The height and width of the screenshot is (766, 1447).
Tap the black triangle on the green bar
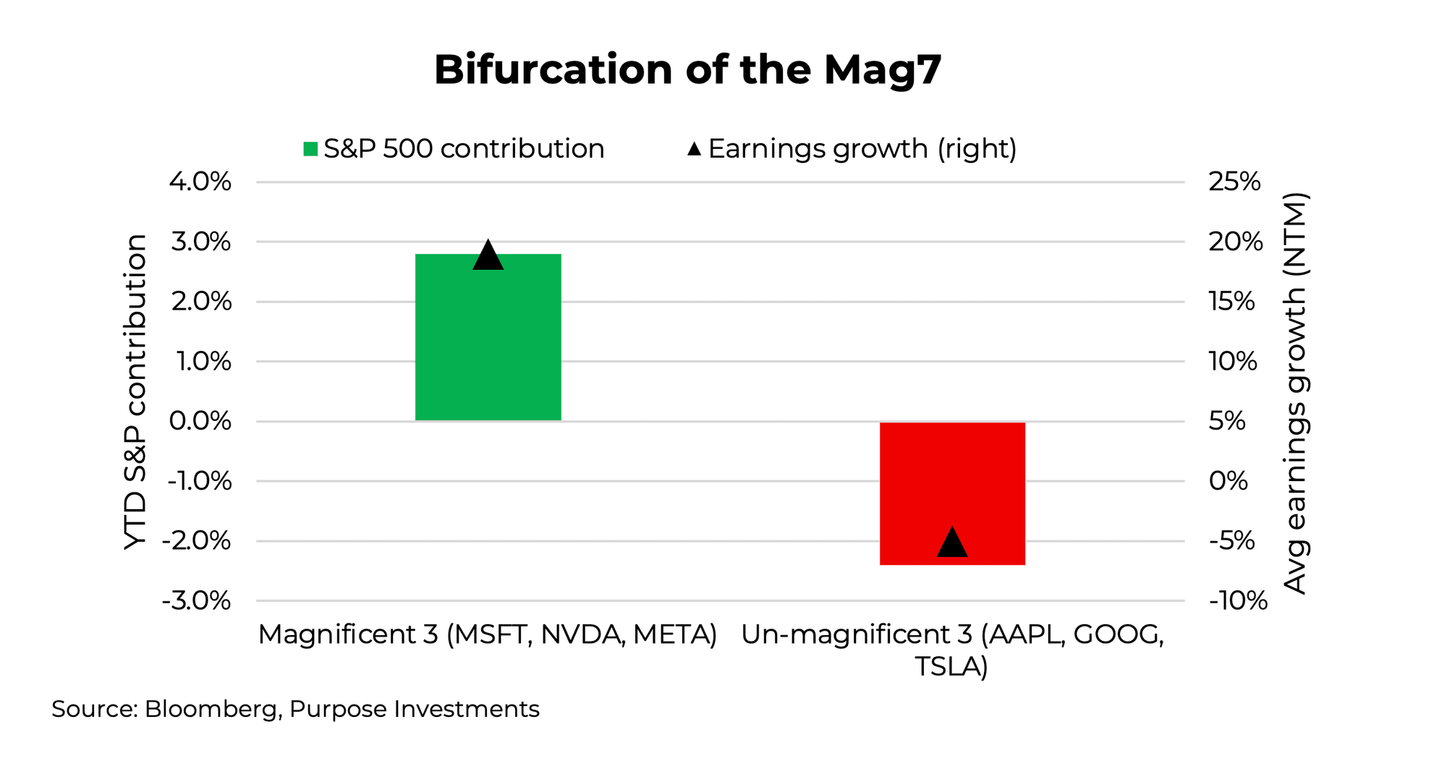488,256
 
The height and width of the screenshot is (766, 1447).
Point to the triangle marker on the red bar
952,543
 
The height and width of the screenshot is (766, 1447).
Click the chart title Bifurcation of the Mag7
687,70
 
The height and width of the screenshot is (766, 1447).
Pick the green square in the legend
310,149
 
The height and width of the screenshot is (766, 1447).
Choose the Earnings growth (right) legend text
862,149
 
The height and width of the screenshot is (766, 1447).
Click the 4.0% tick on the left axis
200,182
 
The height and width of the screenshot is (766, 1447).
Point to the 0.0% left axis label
200,421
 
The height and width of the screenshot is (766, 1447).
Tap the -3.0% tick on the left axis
196,601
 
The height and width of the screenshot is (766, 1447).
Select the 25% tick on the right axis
1234,182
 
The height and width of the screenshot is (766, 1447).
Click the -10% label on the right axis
1238,601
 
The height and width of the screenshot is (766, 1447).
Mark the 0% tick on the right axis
1228,481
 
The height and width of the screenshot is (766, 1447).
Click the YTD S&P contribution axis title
135,391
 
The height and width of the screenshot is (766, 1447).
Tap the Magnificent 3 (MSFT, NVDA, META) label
488,634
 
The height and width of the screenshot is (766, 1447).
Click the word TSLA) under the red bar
951,666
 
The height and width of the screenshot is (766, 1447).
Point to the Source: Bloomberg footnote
295,709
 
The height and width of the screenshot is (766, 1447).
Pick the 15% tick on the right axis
1231,302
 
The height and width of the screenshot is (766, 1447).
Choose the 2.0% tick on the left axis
201,302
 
